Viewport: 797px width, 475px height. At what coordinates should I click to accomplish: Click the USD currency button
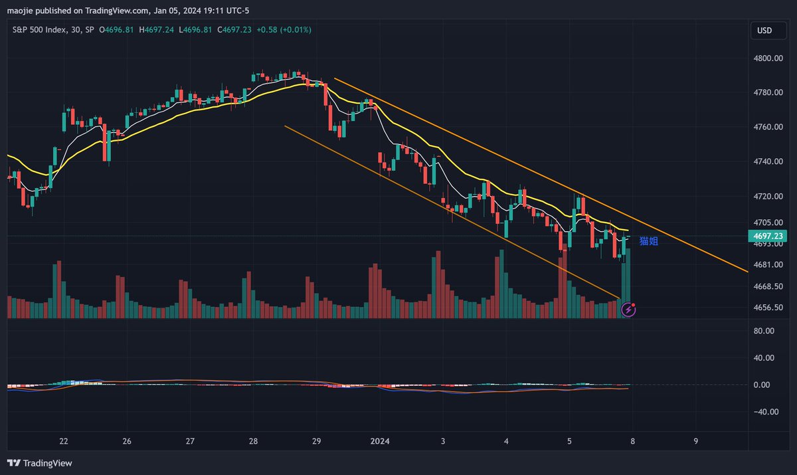pos(764,31)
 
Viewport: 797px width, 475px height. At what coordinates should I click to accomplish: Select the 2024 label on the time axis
pos(380,441)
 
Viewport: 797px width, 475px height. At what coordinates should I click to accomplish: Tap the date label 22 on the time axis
pos(64,441)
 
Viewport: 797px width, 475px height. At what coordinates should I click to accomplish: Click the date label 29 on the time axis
pos(317,441)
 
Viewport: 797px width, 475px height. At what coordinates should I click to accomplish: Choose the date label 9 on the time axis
pos(695,441)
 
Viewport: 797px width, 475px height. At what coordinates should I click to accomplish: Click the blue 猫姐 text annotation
pos(648,241)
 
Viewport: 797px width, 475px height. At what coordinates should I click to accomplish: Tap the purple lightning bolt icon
pos(628,310)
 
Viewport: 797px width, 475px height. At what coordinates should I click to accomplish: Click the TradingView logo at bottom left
pos(39,463)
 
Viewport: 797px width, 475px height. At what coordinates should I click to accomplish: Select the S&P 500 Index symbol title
pos(40,30)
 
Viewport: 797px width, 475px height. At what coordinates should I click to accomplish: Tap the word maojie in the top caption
pos(20,10)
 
